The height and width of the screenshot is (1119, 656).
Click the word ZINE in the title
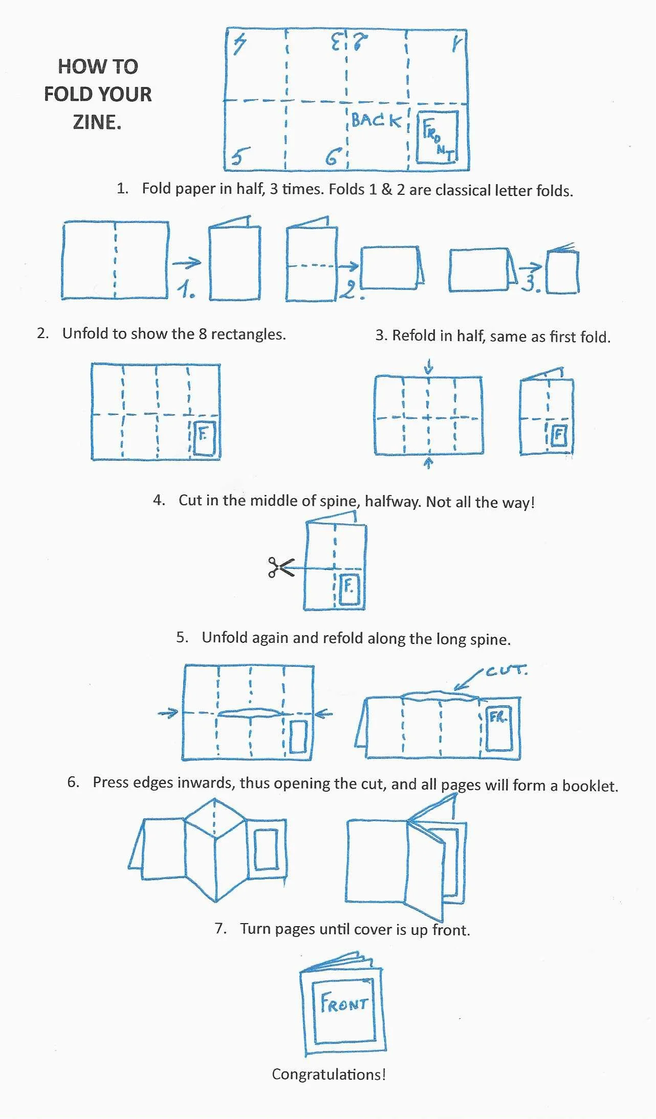coord(97,122)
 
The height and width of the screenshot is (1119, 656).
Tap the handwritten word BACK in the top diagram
coord(376,121)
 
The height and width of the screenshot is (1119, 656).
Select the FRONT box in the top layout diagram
coord(438,137)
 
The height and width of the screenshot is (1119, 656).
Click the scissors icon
coord(280,567)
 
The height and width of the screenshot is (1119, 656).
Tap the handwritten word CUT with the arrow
coord(506,670)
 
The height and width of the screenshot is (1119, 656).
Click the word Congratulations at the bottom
coord(328,1074)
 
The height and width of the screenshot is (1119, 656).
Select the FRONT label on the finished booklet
coord(344,1003)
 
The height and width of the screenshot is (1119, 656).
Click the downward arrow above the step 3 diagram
coord(429,366)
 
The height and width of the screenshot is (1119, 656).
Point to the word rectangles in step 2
coord(248,334)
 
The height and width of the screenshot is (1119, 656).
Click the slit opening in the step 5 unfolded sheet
coord(249,712)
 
